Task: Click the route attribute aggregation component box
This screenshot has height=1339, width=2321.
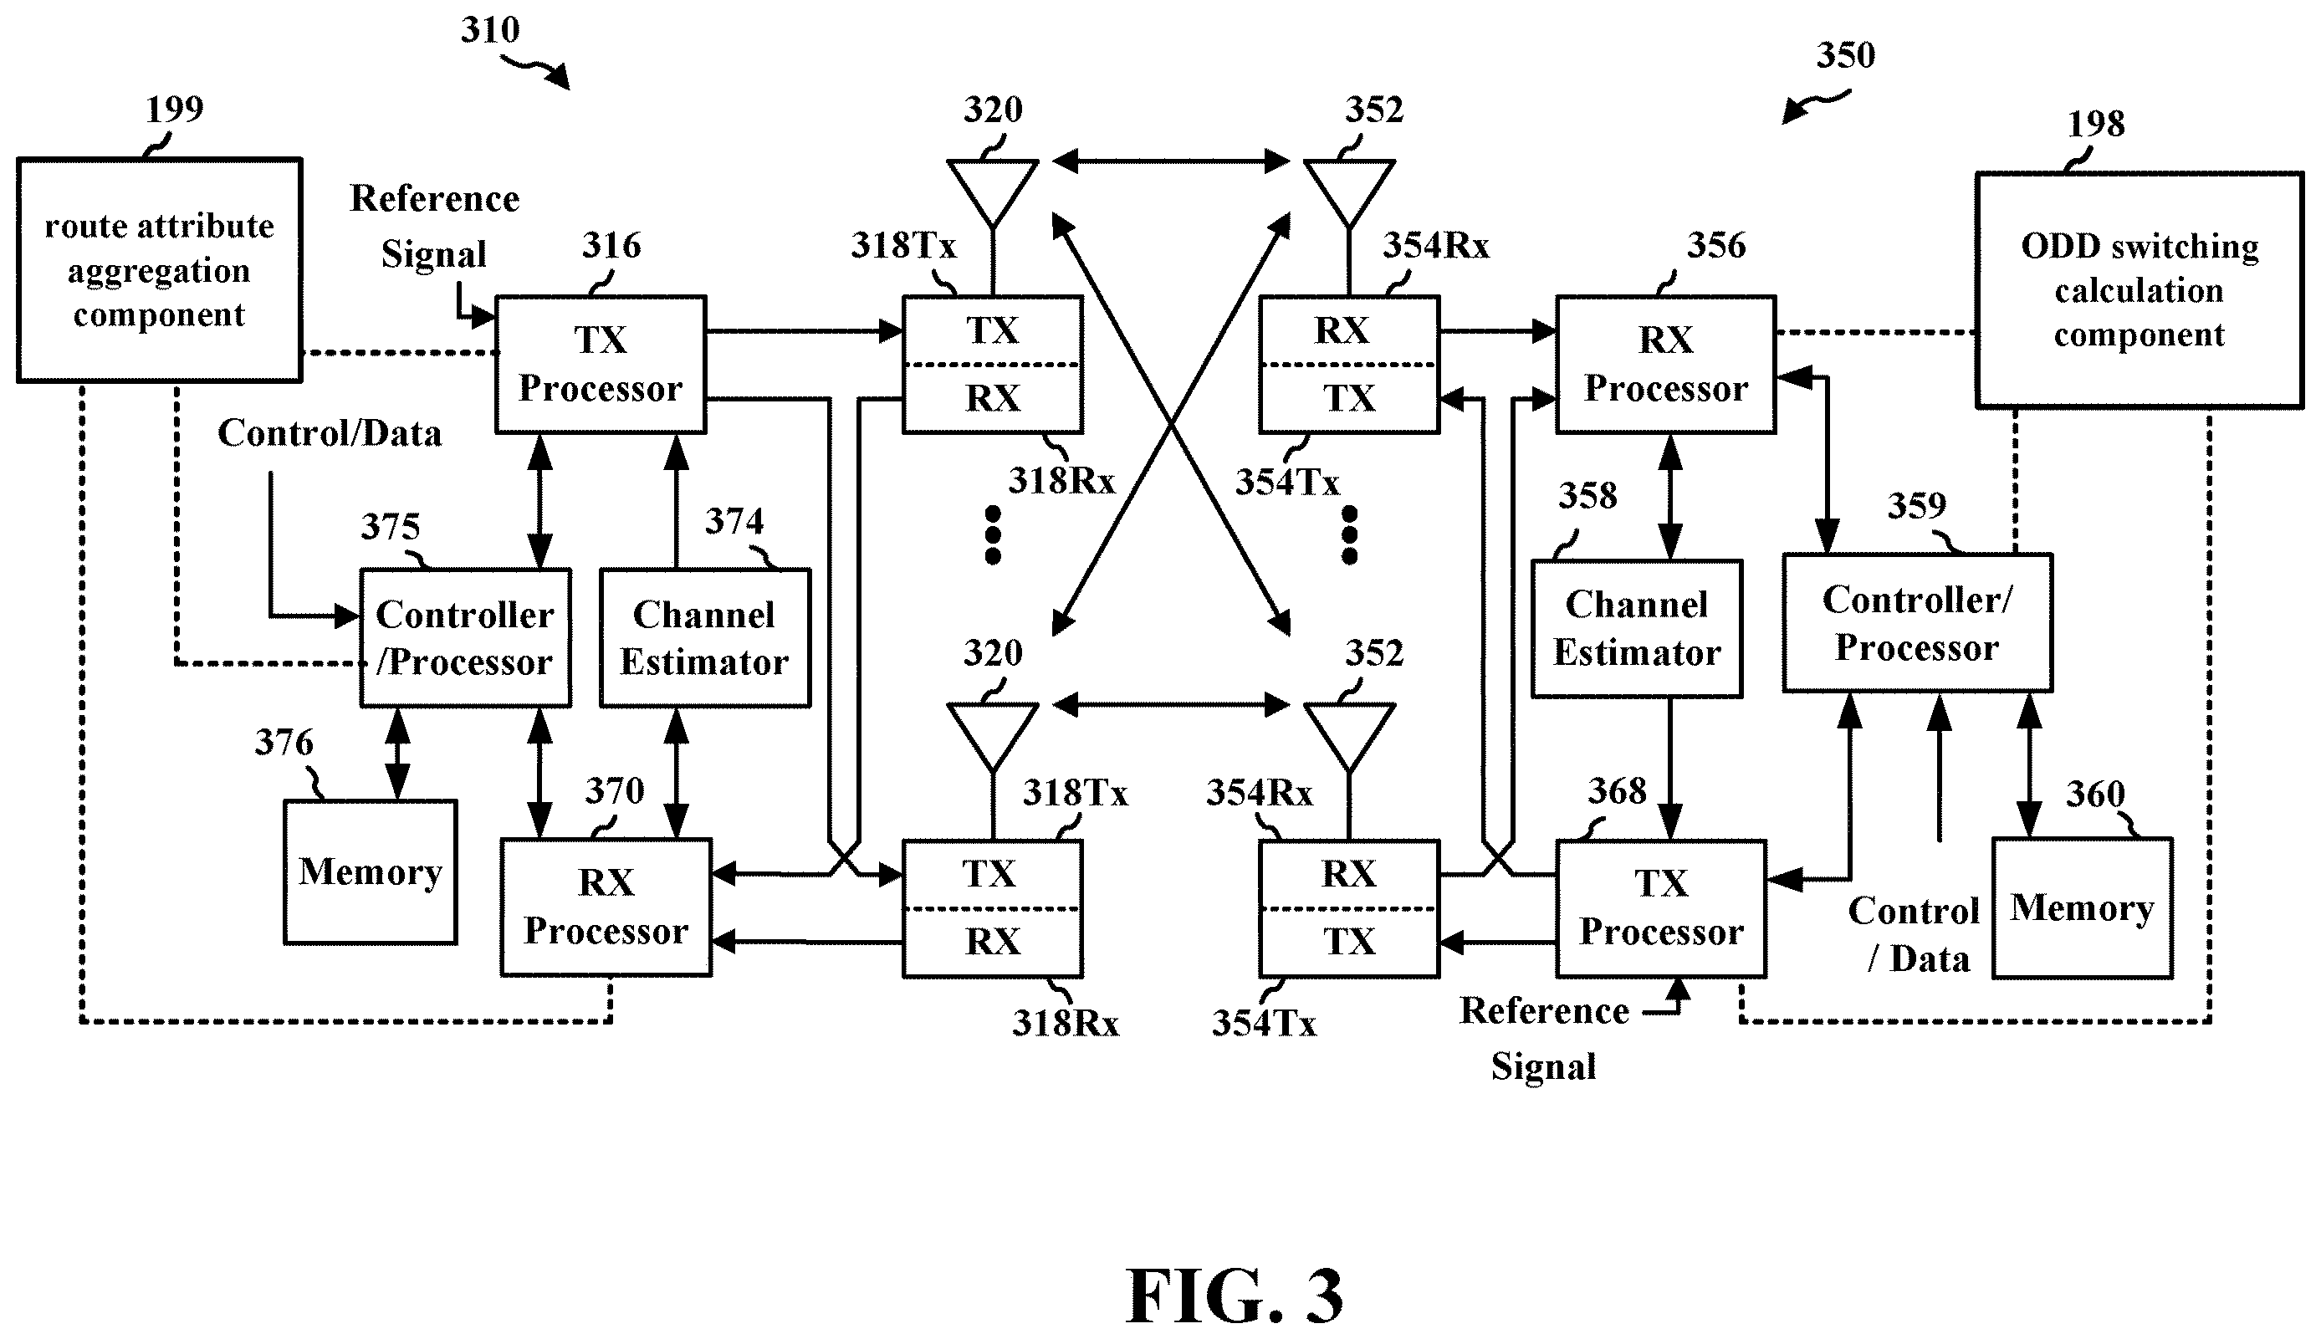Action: pyautogui.click(x=159, y=269)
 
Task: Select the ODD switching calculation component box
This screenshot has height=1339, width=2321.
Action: pyautogui.click(x=2139, y=289)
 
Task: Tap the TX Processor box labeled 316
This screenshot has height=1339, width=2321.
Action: pyautogui.click(x=601, y=364)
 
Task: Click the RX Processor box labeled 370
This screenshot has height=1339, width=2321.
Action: pyautogui.click(x=606, y=907)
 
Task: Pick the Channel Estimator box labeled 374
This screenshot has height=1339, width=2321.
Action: pyautogui.click(x=704, y=638)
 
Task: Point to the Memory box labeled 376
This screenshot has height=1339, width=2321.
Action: pyautogui.click(x=371, y=871)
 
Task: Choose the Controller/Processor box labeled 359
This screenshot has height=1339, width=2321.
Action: pyautogui.click(x=1917, y=622)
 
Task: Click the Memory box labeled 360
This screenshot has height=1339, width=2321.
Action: pyautogui.click(x=2082, y=907)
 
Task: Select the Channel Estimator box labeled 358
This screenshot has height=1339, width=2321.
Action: pyautogui.click(x=1637, y=629)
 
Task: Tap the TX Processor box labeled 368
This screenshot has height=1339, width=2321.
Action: pyautogui.click(x=1661, y=907)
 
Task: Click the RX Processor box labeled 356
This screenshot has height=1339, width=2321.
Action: pyautogui.click(x=1665, y=364)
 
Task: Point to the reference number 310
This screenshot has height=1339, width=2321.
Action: pyautogui.click(x=490, y=30)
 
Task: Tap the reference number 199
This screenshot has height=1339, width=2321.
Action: pyautogui.click(x=175, y=110)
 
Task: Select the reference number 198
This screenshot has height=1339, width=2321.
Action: pyautogui.click(x=2096, y=123)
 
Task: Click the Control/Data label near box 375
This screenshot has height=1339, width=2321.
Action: pyautogui.click(x=330, y=433)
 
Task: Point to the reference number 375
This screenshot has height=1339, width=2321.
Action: pyautogui.click(x=390, y=527)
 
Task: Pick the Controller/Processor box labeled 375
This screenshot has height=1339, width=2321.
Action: pyautogui.click(x=465, y=638)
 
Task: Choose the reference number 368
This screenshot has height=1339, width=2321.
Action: pyautogui.click(x=1617, y=791)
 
